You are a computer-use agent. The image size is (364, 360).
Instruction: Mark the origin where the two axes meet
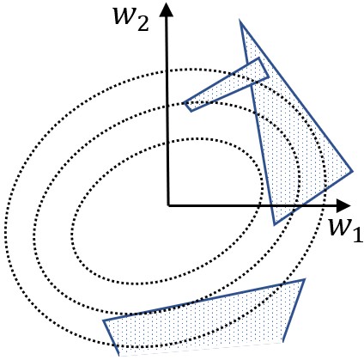(167, 206)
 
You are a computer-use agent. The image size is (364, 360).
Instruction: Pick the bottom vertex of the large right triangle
(275, 224)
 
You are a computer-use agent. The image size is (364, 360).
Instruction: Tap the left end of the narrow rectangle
(186, 106)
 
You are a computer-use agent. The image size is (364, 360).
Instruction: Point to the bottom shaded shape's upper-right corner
(304, 279)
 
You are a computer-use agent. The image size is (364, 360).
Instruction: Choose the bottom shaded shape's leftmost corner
(104, 320)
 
